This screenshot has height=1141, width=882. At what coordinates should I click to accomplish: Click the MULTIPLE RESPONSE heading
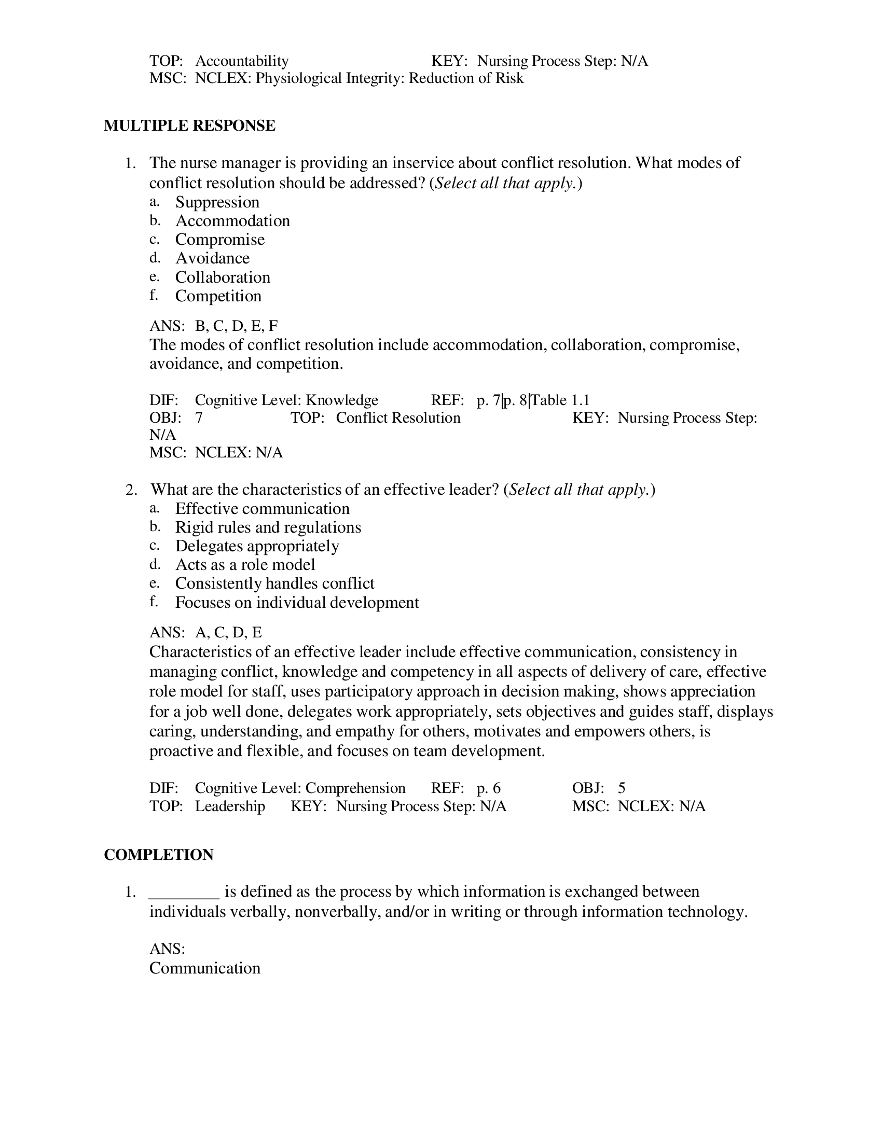[189, 126]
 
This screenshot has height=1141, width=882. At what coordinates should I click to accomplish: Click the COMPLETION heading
[158, 855]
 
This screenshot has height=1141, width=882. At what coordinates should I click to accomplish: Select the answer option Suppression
[217, 202]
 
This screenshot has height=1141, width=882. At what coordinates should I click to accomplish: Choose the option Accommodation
[232, 221]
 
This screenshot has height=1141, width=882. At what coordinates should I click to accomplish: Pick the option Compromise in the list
[219, 240]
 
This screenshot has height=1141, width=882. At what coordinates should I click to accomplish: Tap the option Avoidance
[212, 259]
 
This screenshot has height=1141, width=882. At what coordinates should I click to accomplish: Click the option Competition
[218, 296]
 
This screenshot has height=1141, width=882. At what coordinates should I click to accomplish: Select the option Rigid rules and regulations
[268, 527]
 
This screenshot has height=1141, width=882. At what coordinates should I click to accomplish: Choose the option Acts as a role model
[245, 565]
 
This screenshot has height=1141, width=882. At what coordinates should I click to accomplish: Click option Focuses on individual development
[297, 603]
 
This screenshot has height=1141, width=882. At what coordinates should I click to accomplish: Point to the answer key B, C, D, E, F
[236, 326]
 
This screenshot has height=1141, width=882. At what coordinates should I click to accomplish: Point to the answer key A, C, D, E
[228, 633]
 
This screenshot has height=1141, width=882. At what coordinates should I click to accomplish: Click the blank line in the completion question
[184, 892]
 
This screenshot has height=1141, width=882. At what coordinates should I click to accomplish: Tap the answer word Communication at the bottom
[205, 968]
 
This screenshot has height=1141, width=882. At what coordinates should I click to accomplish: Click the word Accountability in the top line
[241, 61]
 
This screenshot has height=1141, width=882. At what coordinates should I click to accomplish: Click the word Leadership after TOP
[230, 806]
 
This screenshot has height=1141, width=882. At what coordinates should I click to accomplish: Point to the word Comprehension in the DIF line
[355, 788]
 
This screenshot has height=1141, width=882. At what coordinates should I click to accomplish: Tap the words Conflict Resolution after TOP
[398, 418]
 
